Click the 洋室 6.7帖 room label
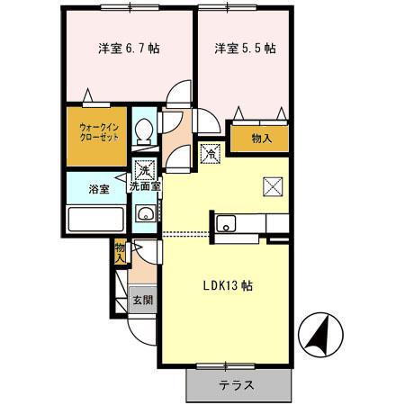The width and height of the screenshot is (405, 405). [x=128, y=49]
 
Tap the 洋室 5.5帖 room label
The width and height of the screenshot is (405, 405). [x=244, y=49]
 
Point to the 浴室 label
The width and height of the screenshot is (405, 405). [x=98, y=190]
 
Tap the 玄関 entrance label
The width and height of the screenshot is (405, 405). [x=142, y=300]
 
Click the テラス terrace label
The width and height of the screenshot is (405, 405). [x=236, y=385]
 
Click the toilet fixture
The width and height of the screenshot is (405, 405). [x=143, y=132]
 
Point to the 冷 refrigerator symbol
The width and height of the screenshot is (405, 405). [x=209, y=153]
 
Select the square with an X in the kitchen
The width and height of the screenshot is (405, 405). [x=273, y=186]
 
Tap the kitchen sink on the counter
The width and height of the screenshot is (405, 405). [x=227, y=223]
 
